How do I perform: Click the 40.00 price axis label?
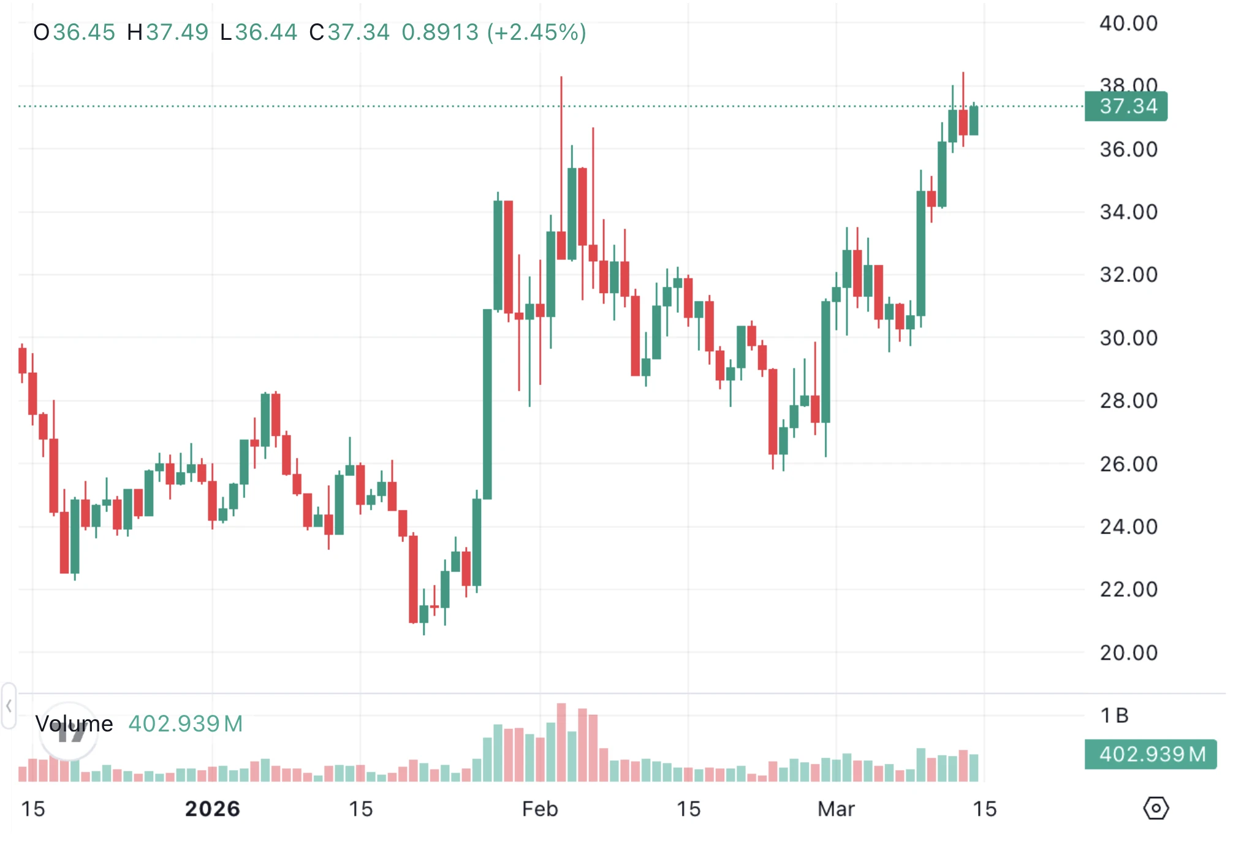(x=1128, y=23)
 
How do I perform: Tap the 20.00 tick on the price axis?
(x=1128, y=652)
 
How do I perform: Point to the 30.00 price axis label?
(x=1128, y=338)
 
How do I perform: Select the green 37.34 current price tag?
(x=1126, y=106)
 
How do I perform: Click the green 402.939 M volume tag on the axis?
(x=1150, y=754)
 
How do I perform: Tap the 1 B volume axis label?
(x=1114, y=716)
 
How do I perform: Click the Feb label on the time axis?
(x=540, y=809)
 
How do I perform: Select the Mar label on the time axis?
(x=836, y=809)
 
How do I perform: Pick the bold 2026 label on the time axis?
(x=212, y=809)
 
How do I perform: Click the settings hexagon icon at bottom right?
(x=1156, y=808)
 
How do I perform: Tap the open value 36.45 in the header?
(x=84, y=32)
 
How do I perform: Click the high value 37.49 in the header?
(x=177, y=32)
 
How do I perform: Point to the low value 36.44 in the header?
(x=266, y=32)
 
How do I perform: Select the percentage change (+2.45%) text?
(x=537, y=32)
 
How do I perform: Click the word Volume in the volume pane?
(x=74, y=724)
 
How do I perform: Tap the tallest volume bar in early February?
(x=561, y=742)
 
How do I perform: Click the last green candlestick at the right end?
(x=974, y=120)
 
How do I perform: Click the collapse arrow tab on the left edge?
(x=9, y=706)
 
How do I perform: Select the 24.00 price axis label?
(x=1128, y=527)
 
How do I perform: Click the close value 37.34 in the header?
(x=358, y=32)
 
